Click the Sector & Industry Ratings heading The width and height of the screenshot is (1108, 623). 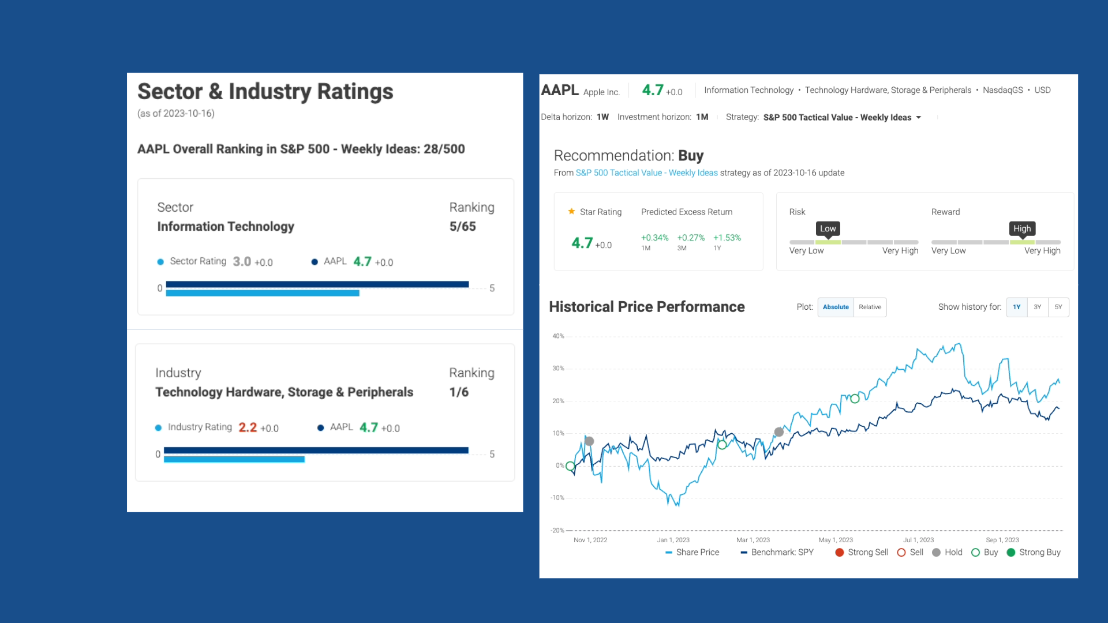(265, 92)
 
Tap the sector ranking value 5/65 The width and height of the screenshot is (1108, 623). (462, 227)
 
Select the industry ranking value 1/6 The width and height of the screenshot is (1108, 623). (459, 392)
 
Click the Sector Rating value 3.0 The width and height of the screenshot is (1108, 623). (242, 262)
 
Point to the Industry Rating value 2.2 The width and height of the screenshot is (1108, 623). (248, 427)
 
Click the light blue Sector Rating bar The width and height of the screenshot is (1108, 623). (263, 294)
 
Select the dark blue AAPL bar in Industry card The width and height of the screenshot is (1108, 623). (316, 450)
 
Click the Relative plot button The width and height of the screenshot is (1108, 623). (870, 307)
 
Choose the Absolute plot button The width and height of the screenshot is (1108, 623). (836, 307)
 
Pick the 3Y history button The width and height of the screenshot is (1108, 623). (1038, 307)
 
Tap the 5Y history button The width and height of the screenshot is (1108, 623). (1058, 307)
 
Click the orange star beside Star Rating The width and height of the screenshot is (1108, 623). (571, 212)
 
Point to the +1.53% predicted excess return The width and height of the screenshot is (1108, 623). (727, 238)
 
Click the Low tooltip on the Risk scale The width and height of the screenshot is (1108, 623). (828, 228)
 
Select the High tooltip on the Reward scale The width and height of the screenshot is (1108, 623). (1022, 228)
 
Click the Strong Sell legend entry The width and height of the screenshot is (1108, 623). (862, 552)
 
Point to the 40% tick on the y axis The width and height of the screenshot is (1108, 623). (558, 336)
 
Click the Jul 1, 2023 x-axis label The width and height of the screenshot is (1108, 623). (918, 540)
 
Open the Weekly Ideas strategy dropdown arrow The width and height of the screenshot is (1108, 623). (919, 118)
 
